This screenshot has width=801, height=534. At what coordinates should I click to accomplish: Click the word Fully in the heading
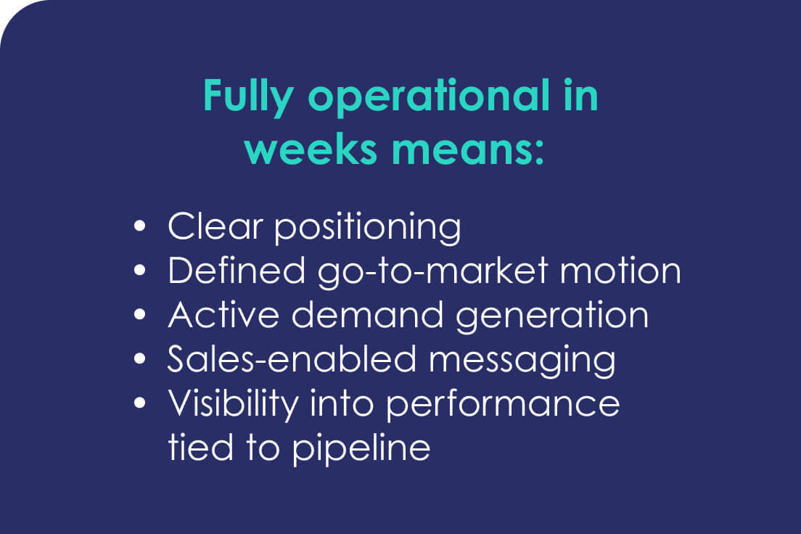247,96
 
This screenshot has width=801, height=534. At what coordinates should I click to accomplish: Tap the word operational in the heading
428,96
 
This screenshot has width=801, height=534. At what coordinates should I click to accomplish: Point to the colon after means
540,152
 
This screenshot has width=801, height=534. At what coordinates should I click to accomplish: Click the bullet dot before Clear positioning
139,226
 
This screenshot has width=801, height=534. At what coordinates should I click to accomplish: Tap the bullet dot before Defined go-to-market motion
139,270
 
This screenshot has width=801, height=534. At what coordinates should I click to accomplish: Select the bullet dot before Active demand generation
139,314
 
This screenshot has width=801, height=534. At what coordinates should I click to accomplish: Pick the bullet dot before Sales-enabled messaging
139,358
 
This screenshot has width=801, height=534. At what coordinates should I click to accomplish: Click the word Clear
215,226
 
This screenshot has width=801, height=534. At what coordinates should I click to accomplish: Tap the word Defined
237,271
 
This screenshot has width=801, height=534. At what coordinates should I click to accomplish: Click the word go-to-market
432,273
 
